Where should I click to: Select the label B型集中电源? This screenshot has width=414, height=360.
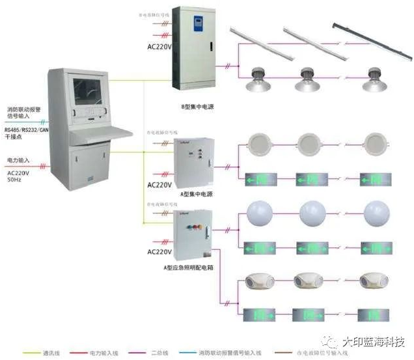197,106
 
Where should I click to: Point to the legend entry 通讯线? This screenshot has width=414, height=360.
49,353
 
